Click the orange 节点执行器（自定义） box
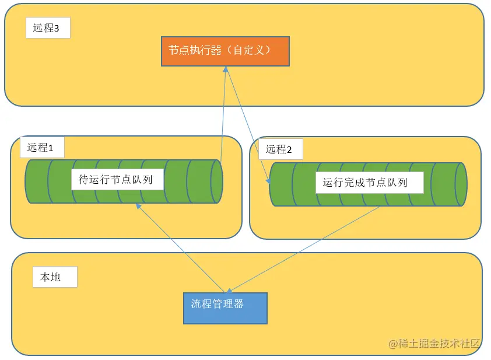pos(225,51)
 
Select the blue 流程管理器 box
pos(225,308)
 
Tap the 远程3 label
pos(48,28)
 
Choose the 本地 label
pos(50,277)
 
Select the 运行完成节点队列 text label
pos(365,183)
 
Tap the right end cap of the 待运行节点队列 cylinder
pos(216,181)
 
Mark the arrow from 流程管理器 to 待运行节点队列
pos(181,247)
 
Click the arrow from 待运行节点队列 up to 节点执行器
pos(223,117)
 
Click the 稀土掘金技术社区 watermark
pos(434,343)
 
